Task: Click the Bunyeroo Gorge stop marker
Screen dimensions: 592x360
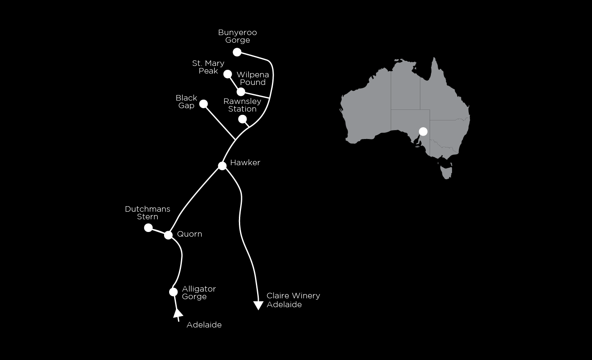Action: tap(237, 52)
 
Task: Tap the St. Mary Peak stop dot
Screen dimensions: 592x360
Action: tap(227, 74)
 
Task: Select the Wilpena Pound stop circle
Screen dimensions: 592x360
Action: tap(241, 92)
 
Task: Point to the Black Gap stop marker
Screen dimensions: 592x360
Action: tap(203, 104)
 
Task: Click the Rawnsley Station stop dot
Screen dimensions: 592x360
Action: tap(242, 120)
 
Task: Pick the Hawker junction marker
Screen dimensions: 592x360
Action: tap(222, 166)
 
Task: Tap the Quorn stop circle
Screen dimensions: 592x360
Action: tap(168, 235)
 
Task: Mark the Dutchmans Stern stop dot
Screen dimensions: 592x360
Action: tap(148, 228)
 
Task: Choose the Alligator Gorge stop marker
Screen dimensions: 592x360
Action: tap(173, 292)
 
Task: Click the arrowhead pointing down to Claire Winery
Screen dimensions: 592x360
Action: tap(258, 305)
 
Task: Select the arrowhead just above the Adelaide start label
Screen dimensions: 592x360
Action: tap(178, 314)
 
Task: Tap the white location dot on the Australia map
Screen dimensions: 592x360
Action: tap(423, 131)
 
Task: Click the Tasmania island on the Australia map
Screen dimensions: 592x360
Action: tap(447, 170)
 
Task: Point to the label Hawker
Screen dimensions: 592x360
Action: tap(245, 163)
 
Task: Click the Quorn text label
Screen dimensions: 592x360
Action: tap(189, 234)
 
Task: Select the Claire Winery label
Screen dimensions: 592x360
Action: tap(293, 295)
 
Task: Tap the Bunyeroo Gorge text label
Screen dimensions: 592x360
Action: tap(238, 36)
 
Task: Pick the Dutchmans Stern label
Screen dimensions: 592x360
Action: tap(148, 213)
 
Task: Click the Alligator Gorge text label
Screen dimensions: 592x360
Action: tap(199, 293)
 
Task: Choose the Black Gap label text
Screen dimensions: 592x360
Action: tap(186, 102)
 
